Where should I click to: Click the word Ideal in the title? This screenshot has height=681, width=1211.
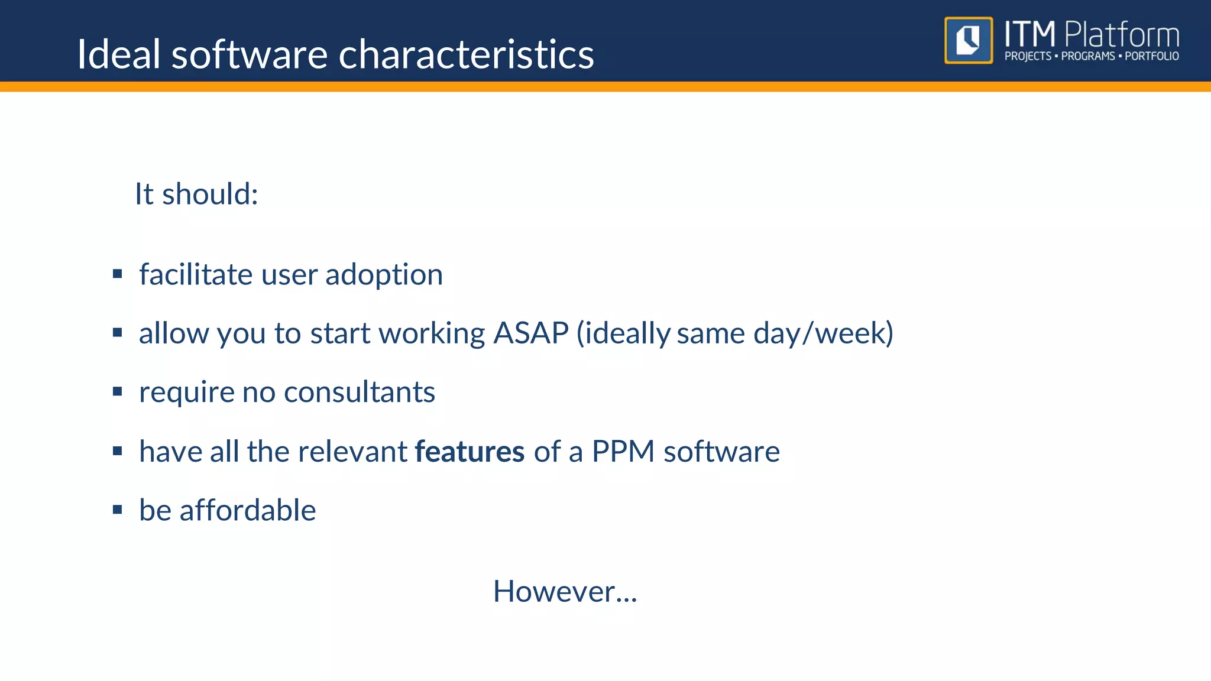tap(118, 54)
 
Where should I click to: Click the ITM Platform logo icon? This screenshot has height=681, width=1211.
tap(968, 40)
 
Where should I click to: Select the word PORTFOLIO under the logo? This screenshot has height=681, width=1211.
tap(1151, 56)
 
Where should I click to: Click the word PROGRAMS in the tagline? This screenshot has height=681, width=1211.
tap(1087, 56)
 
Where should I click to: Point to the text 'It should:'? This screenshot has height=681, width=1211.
tap(196, 194)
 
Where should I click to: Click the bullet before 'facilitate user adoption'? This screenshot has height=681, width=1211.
tap(117, 274)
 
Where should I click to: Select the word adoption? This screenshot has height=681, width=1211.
tap(384, 274)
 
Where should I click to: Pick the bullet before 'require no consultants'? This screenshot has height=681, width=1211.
tap(117, 391)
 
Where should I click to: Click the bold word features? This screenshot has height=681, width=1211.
tap(469, 452)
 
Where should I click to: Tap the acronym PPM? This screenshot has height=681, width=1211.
tap(623, 452)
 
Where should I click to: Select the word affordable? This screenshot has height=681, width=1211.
tap(247, 510)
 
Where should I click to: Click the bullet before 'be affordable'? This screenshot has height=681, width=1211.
tap(117, 510)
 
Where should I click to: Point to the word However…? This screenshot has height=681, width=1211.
tap(565, 591)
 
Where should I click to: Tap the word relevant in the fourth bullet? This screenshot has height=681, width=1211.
tap(352, 452)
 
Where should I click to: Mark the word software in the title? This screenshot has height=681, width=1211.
tap(249, 54)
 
